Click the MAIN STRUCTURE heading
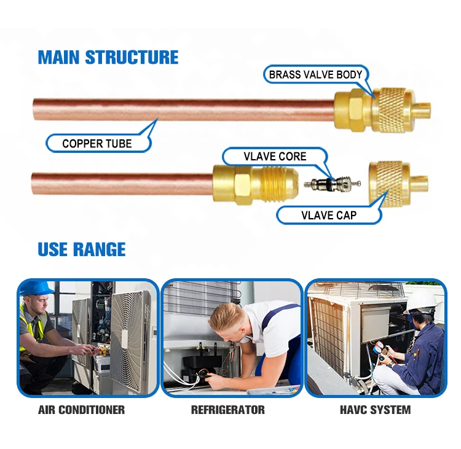click(x=108, y=57)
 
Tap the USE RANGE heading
click(x=82, y=249)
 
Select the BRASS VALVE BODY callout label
click(x=315, y=75)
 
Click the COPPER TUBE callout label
click(x=97, y=144)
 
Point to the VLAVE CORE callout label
click(x=275, y=157)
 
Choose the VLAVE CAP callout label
click(x=329, y=216)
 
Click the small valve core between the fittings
click(x=332, y=184)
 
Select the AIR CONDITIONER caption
click(x=81, y=410)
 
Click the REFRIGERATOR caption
click(x=228, y=410)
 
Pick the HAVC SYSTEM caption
click(x=375, y=410)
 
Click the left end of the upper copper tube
click(x=33, y=109)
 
